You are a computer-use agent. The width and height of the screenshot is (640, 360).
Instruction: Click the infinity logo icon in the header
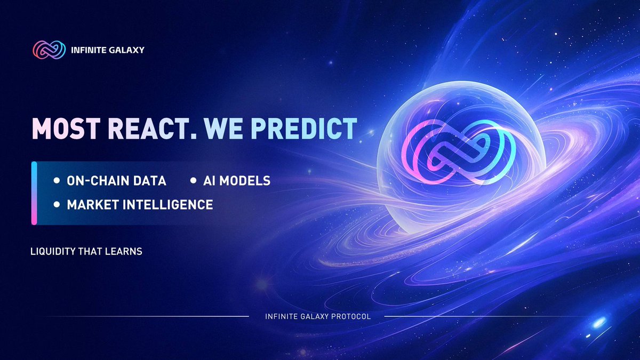[x=49, y=50]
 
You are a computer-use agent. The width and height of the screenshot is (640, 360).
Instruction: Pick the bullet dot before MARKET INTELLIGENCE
[x=57, y=204]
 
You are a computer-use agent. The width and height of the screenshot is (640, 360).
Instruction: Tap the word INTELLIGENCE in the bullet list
[x=171, y=204]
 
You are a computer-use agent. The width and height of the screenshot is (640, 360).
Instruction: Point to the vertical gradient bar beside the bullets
[x=34, y=193]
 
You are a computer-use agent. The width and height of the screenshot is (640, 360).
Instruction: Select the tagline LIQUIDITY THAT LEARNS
[x=87, y=251]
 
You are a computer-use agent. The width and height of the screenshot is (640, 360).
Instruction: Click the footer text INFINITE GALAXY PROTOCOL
[x=318, y=317]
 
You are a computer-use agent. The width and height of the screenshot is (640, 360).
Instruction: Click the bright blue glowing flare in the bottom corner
[x=599, y=323]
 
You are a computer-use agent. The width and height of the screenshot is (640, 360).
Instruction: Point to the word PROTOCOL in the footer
[x=353, y=317]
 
